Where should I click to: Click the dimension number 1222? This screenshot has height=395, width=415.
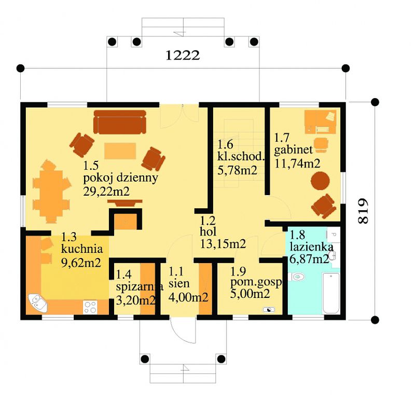(x=183, y=56)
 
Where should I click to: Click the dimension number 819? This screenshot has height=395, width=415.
(x=363, y=211)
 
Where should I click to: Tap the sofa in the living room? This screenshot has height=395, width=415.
(x=120, y=122)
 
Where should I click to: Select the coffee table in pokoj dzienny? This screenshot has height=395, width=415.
(x=120, y=151)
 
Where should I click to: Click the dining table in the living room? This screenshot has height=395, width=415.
(x=51, y=190)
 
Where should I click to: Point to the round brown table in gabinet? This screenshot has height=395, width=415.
(x=320, y=181)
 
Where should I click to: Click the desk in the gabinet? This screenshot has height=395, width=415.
(x=320, y=122)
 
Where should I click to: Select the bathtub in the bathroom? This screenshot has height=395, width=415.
(x=331, y=293)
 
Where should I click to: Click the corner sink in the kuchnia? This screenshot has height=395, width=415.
(x=37, y=303)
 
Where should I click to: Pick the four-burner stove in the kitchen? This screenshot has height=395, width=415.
(x=90, y=307)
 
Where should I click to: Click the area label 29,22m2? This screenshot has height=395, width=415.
(x=106, y=191)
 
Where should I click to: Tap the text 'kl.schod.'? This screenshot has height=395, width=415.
(x=241, y=156)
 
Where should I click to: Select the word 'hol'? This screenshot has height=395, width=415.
(x=208, y=232)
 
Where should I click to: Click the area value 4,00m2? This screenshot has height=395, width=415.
(x=188, y=297)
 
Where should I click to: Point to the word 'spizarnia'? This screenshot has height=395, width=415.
(x=140, y=287)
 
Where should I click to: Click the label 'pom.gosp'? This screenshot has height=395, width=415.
(x=256, y=283)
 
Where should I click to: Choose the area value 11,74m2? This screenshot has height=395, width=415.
(x=297, y=164)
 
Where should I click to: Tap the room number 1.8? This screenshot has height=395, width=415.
(x=297, y=235)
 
